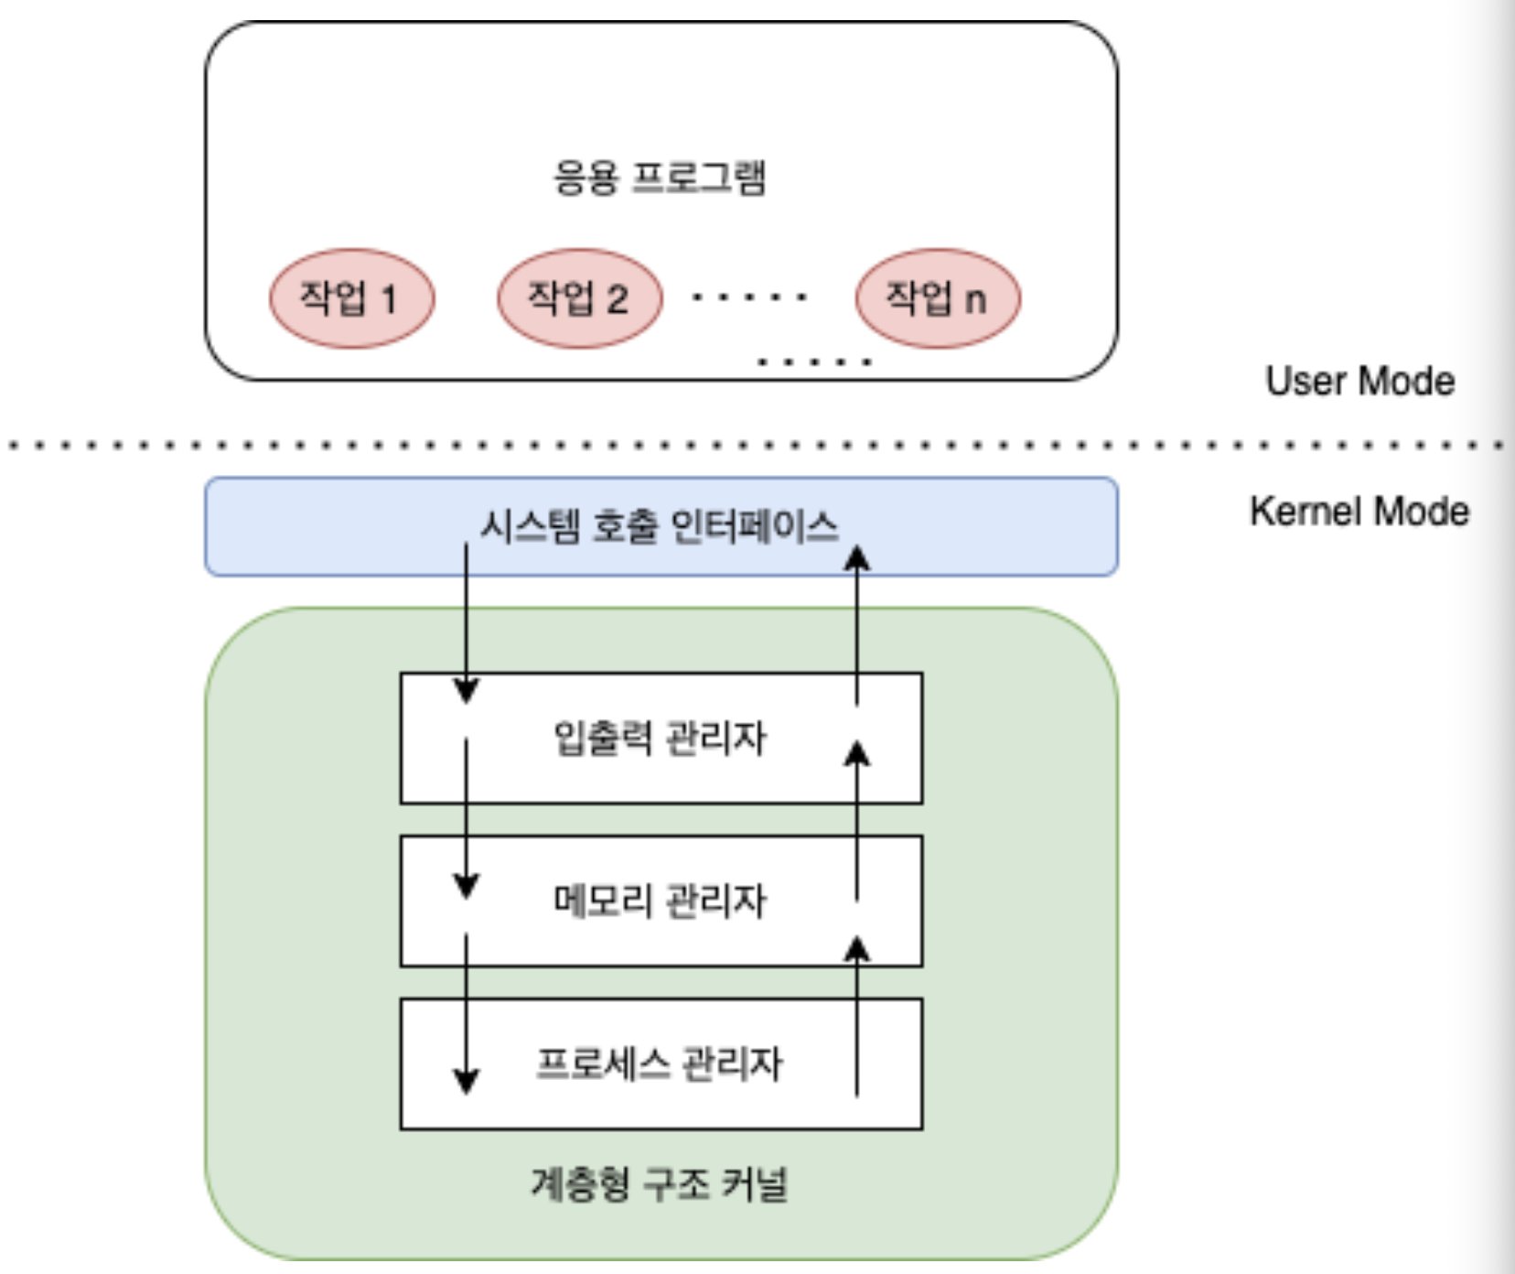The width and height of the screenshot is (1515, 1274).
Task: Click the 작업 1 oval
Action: click(351, 298)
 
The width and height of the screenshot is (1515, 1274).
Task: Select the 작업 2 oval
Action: click(580, 298)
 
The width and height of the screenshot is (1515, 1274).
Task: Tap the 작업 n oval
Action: click(938, 298)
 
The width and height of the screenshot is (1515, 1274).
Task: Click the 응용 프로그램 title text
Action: click(660, 178)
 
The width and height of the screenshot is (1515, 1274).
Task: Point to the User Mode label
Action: click(1360, 381)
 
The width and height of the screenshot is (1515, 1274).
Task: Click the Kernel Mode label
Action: click(1359, 511)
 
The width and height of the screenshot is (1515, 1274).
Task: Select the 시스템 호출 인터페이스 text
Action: click(660, 526)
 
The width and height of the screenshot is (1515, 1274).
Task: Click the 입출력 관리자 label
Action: click(660, 738)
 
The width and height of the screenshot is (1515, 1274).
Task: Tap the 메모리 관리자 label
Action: click(660, 901)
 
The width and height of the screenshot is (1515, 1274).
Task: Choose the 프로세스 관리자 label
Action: click(660, 1063)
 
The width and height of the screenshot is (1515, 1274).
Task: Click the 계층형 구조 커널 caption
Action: click(660, 1183)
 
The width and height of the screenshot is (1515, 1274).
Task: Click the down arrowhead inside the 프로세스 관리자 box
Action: click(467, 1081)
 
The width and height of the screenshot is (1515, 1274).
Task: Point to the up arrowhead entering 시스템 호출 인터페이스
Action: click(857, 558)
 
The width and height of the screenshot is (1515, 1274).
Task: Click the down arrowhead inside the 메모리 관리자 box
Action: click(467, 886)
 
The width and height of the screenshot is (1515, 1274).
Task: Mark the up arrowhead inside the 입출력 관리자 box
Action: click(857, 753)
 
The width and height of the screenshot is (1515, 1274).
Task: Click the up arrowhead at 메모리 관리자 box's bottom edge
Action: click(857, 949)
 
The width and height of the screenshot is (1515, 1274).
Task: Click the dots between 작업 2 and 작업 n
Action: click(749, 297)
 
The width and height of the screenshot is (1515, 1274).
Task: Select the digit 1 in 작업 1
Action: click(389, 299)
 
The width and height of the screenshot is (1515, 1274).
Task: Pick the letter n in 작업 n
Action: click(976, 300)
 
